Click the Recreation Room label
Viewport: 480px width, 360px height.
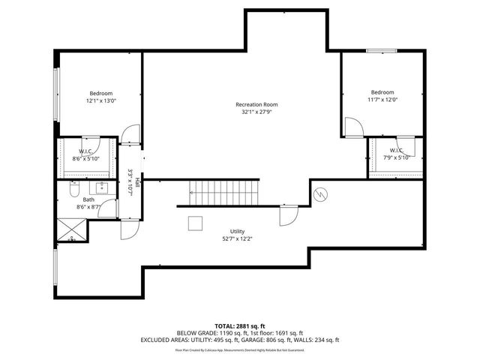pos(256,104)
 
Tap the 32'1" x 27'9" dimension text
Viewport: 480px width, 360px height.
pos(256,112)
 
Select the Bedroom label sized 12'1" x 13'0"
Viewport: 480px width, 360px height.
pos(101,93)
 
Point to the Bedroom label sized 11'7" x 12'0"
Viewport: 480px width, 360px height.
pos(382,92)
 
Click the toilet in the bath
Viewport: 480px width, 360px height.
pos(73,186)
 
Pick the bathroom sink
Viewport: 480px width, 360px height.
pos(103,187)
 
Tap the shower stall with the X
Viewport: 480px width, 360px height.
pos(72,228)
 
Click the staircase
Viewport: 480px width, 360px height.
pos(223,193)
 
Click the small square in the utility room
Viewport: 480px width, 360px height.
pos(196,223)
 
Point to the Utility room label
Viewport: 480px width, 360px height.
pos(237,232)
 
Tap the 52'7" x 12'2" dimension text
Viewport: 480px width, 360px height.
pos(237,239)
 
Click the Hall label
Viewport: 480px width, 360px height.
pos(138,184)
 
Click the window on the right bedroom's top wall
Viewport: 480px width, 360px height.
pos(382,50)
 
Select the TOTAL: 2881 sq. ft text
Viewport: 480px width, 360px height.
pos(239,325)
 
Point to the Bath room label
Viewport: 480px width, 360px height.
pos(88,199)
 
